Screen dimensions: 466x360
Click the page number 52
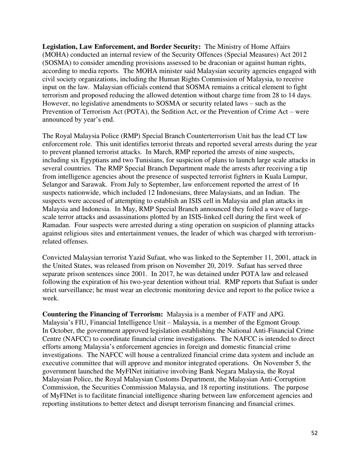[x=314, y=444]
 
